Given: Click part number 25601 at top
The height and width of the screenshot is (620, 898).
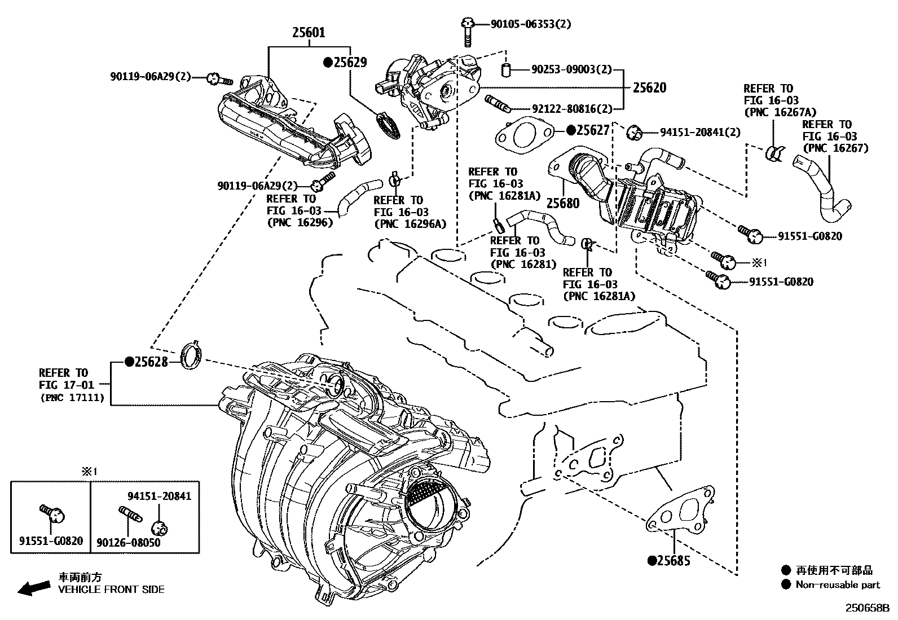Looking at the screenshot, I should (309, 33).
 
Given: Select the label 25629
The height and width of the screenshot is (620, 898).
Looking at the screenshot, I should (349, 62).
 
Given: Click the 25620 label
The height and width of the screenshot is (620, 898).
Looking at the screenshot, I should (649, 87).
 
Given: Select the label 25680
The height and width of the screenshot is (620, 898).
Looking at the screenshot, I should (563, 203).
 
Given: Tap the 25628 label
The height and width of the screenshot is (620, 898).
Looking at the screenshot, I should (150, 362).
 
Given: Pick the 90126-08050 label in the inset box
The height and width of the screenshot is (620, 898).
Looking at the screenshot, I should (128, 542).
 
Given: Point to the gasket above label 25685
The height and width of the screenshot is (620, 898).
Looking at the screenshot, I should (680, 511).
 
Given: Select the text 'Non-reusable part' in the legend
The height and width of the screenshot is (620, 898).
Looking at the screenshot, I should (838, 584).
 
